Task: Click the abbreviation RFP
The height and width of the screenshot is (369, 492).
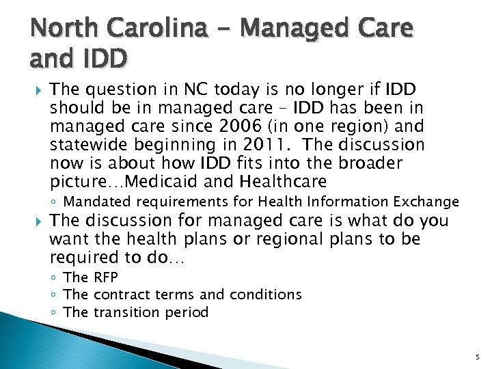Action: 105,277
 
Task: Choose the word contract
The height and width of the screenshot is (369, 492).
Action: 120,295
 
